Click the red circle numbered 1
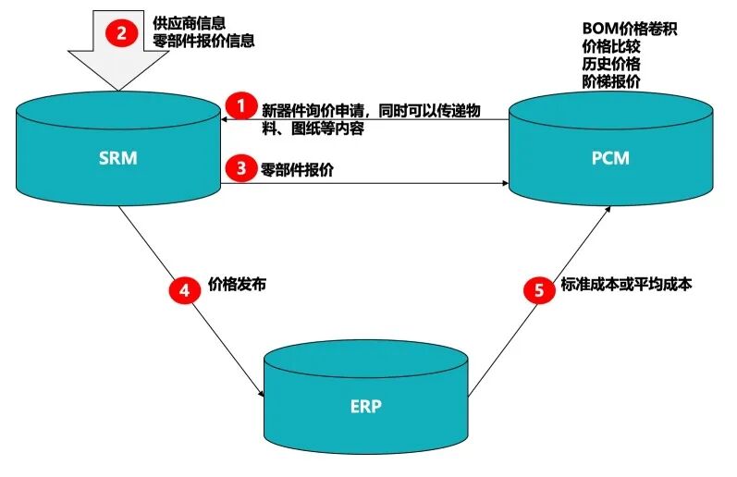click(x=240, y=105)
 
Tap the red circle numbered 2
click(x=121, y=34)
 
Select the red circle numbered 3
click(x=240, y=168)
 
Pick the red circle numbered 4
click(x=184, y=290)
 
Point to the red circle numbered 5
click(x=538, y=290)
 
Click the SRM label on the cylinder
click(x=117, y=158)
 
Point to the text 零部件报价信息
click(x=204, y=41)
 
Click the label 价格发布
click(x=238, y=285)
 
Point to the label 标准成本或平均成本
click(x=626, y=285)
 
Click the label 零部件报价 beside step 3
click(x=298, y=168)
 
